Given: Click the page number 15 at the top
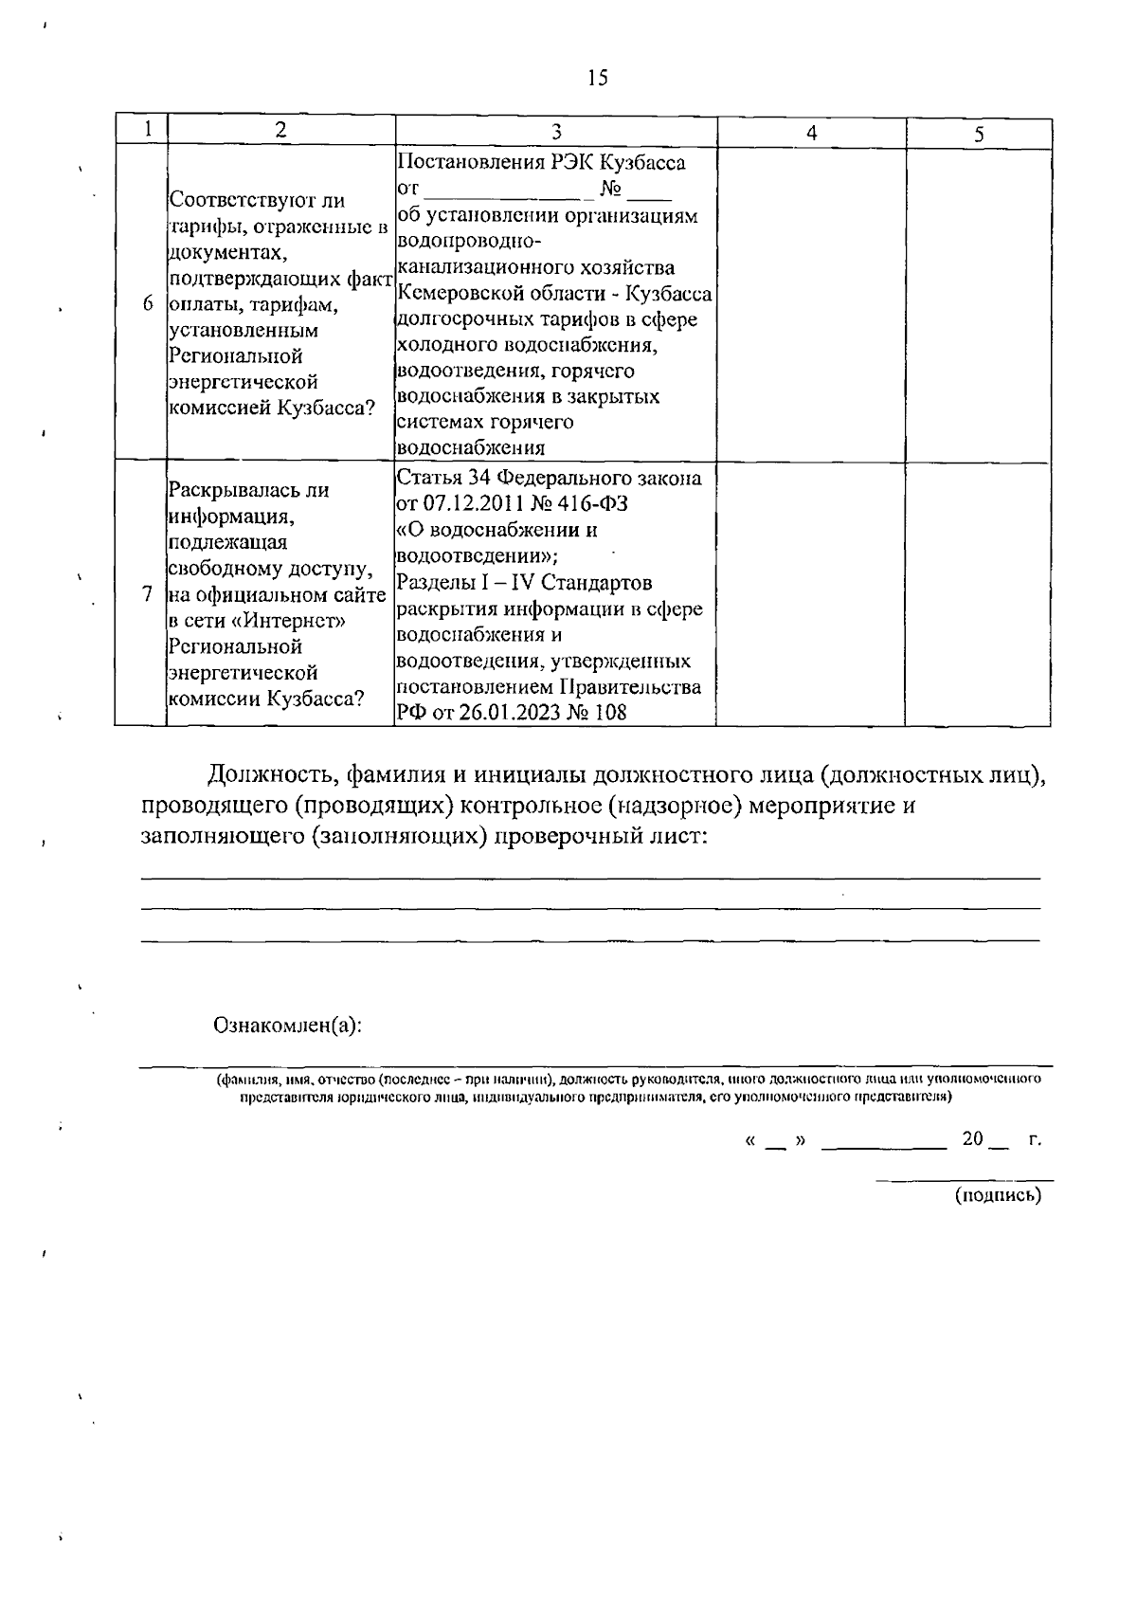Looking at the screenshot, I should [x=597, y=79].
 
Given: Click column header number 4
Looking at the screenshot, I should [x=811, y=134].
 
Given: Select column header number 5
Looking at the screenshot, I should [x=979, y=135].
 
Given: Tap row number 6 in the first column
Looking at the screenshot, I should [x=146, y=304].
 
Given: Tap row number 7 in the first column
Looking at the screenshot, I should [x=146, y=594].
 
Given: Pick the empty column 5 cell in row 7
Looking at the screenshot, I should [x=979, y=594].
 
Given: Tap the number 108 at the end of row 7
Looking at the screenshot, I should [x=610, y=713].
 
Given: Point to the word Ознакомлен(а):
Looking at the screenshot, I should [x=289, y=1025].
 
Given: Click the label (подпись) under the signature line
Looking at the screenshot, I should [x=997, y=1195].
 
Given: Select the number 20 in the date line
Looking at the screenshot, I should [x=972, y=1139].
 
